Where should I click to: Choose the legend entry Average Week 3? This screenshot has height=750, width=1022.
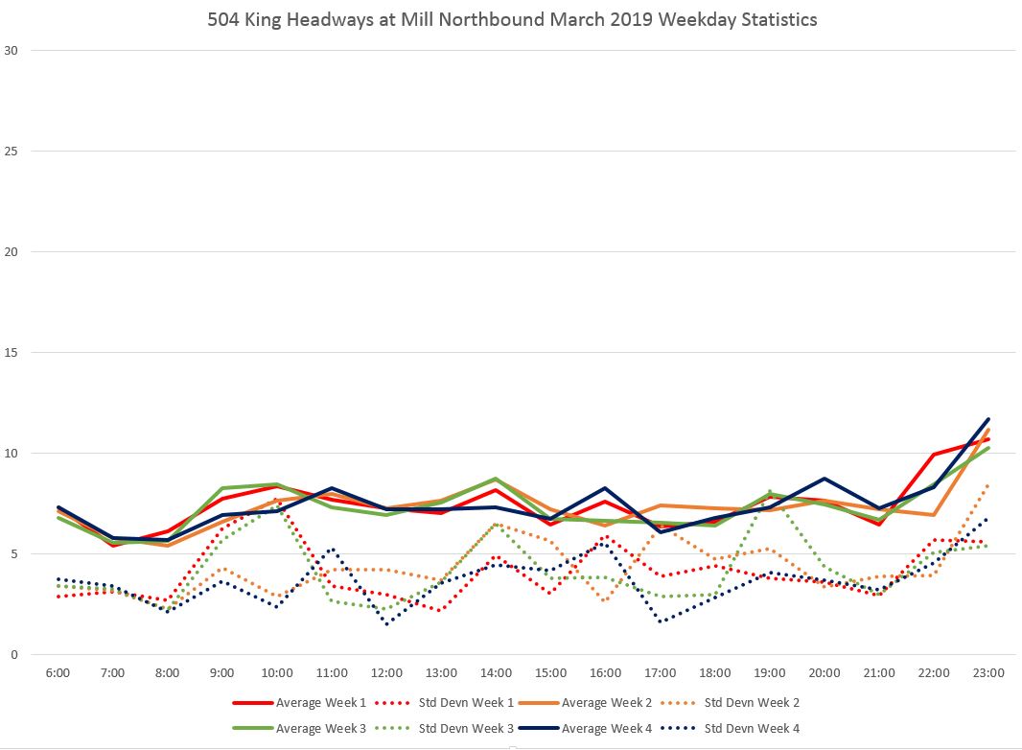pos(320,728)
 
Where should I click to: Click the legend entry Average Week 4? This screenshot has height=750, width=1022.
pos(608,728)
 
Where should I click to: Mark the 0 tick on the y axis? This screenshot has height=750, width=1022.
pos(12,655)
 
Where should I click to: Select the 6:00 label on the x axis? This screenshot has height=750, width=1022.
pos(58,673)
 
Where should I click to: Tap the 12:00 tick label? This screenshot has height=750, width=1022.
pos(386,673)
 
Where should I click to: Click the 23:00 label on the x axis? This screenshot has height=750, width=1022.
pos(989,673)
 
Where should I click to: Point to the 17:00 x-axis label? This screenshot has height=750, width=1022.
pos(661,673)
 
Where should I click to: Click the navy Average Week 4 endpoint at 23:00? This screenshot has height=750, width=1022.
pos(989,419)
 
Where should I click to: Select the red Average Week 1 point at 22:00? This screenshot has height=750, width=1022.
pos(934,455)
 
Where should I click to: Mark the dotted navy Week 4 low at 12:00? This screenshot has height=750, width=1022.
pos(386,623)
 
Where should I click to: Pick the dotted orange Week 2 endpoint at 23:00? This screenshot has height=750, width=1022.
pos(989,484)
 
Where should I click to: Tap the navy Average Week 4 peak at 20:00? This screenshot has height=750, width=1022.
pos(825,479)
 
